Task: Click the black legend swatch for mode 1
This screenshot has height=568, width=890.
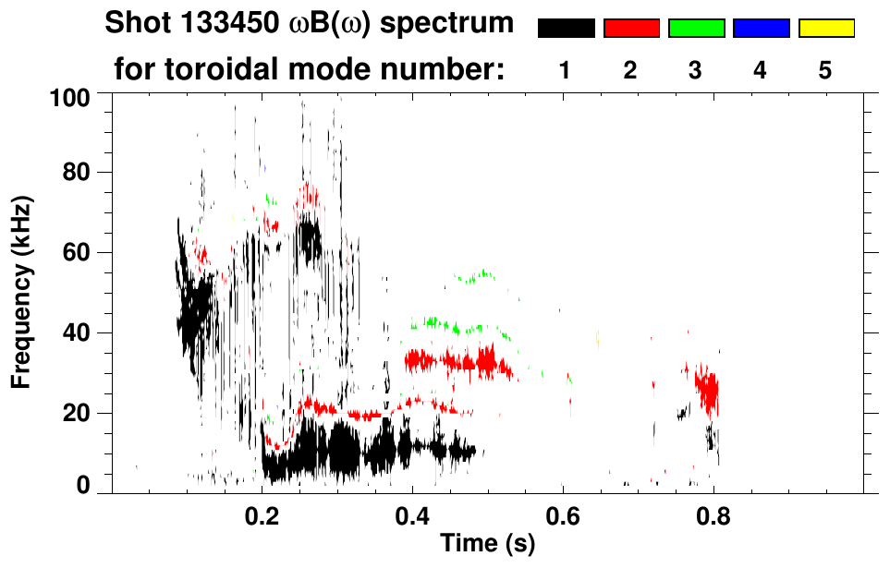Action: click(566, 29)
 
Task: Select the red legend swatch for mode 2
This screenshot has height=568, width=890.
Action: click(631, 29)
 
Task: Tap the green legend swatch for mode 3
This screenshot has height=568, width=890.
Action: click(696, 29)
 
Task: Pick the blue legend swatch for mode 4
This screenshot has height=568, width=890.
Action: click(761, 29)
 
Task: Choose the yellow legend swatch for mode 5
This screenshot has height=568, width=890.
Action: click(826, 29)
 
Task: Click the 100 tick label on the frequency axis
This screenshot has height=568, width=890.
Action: click(71, 96)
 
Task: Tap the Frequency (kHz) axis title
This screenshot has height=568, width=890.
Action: click(23, 291)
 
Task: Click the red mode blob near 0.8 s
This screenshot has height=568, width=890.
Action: click(708, 390)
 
